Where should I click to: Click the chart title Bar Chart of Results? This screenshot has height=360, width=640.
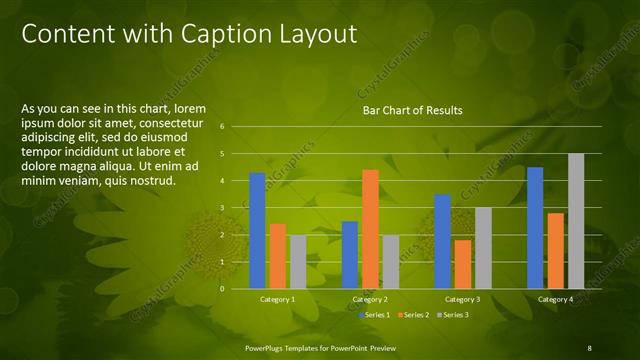pos(412,110)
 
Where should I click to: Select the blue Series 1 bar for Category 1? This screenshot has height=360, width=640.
pos(257,230)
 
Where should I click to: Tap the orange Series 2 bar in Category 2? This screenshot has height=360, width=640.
pos(370,229)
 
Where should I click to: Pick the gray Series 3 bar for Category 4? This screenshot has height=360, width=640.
pos(576,221)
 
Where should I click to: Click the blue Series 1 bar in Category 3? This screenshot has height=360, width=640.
pos(443,241)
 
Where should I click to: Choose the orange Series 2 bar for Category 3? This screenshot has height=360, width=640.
pos(463,264)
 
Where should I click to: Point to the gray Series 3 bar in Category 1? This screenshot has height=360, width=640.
pos(298,262)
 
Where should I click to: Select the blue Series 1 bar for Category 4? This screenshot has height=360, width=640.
pos(535,227)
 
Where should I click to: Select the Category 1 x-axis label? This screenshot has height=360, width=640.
pos(277,299)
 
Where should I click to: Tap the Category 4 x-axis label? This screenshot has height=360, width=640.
pos(555,299)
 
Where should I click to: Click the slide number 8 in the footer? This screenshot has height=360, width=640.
pos(589,347)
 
